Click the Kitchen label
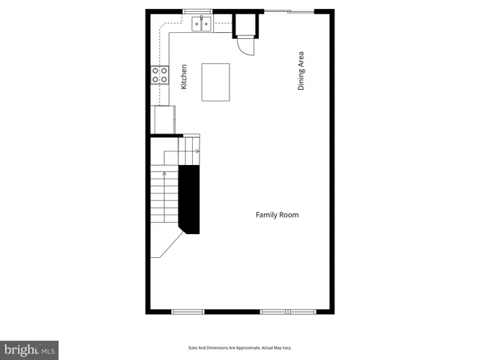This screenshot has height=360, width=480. (184, 77)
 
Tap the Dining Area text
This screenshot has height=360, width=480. (301, 71)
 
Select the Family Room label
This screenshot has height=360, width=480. (277, 215)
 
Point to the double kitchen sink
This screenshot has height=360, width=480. (202, 25)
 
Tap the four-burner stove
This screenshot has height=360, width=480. (160, 74)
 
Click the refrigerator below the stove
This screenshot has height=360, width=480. (163, 119)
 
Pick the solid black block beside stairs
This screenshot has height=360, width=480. (190, 199)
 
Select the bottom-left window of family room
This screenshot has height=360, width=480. (187, 311)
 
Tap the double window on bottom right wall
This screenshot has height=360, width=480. (289, 311)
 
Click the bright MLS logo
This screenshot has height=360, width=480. (29, 350)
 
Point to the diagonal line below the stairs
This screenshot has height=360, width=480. (168, 244)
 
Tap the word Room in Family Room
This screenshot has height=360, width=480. (289, 215)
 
